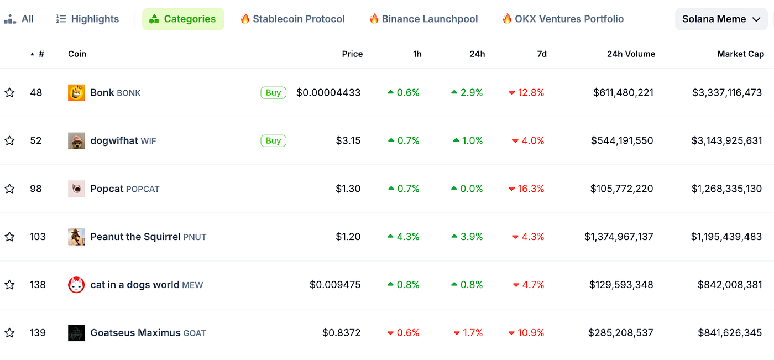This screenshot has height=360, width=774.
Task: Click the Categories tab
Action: pos(183,19)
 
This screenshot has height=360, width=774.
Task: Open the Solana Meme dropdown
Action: pos(721,19)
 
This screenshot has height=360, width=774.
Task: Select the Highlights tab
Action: pos(87,19)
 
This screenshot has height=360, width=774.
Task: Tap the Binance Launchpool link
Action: pos(423,19)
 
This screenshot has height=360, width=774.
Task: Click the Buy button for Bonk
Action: pos(273,93)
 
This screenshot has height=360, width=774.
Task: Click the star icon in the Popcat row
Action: pos(9,189)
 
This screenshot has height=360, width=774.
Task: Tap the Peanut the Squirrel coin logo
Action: pos(76,237)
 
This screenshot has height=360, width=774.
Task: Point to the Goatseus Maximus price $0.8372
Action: pos(341,333)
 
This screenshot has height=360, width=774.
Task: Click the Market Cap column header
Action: pos(740,54)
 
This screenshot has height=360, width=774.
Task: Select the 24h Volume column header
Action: pos(631,54)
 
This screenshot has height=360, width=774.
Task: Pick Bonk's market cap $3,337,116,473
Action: pos(727,93)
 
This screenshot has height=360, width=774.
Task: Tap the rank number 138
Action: pos(38,285)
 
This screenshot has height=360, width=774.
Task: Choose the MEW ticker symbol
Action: pos(192,285)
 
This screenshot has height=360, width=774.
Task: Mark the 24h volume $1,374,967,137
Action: pos(619,237)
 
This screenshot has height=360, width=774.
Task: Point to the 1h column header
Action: pos(417,54)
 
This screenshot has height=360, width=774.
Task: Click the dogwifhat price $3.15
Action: pos(348,140)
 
